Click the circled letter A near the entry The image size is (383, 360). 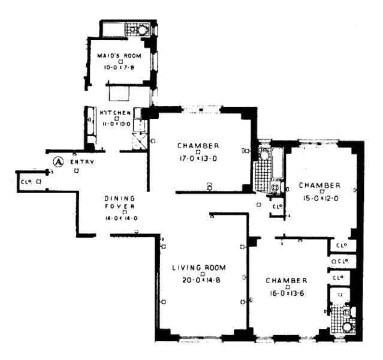click(x=58, y=161)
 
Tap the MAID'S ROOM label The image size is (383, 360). click(x=119, y=56)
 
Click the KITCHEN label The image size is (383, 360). click(x=115, y=113)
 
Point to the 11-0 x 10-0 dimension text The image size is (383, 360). click(x=115, y=123)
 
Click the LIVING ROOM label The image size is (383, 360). click(x=198, y=268)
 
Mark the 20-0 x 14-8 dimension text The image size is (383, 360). click(x=198, y=280)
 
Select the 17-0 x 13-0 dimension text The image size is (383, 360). click(x=198, y=158)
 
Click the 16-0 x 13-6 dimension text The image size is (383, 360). click(x=287, y=293)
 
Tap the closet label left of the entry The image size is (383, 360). click(x=26, y=181)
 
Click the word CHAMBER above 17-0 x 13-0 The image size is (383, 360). click(x=198, y=146)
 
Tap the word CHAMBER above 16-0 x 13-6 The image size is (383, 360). click(x=287, y=281)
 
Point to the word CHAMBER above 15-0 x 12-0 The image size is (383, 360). click(x=319, y=185)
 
